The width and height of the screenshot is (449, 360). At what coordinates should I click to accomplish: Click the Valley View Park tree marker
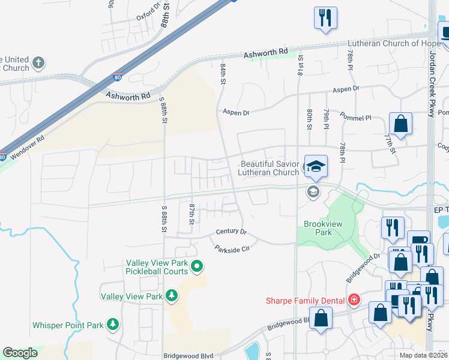point(172,296)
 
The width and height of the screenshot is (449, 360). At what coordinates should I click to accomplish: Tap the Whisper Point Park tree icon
point(112,325)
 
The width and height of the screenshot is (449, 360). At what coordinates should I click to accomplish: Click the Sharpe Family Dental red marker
point(354,300)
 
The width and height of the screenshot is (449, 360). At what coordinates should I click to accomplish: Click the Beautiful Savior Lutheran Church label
point(269,168)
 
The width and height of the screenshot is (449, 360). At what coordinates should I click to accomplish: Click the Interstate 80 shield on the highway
point(116,78)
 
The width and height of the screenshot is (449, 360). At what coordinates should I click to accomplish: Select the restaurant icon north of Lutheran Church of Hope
point(325,18)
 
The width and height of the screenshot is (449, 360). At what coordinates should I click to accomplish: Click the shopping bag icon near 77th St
point(400,124)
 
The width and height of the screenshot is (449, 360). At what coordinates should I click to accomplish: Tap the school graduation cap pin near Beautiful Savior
point(315,166)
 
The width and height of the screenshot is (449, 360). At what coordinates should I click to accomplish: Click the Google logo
point(20,353)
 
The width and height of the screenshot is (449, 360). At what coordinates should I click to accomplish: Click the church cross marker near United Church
point(38,62)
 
